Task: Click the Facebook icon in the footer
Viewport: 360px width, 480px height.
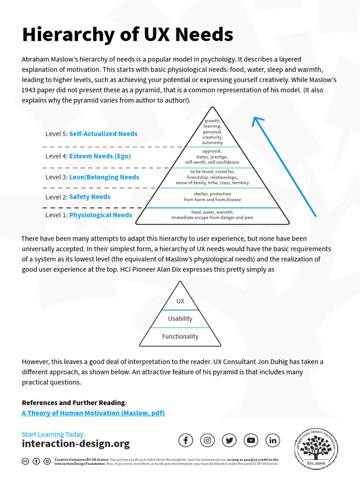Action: tap(186, 440)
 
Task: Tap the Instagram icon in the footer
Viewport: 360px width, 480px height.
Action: tap(208, 440)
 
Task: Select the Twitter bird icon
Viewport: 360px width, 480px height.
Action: tap(229, 440)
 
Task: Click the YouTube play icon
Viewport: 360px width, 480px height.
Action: tap(251, 440)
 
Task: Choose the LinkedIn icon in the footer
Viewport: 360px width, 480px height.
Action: tap(273, 440)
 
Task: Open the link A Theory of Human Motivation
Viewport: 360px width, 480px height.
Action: tap(93, 413)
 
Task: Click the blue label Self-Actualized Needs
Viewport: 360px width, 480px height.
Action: tap(103, 134)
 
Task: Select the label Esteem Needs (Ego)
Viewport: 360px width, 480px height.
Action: tap(100, 156)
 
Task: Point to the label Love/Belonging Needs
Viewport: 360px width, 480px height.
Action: tap(104, 177)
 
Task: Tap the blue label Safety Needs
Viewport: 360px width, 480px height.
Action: tap(90, 197)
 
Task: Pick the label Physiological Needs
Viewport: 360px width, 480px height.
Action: tap(100, 215)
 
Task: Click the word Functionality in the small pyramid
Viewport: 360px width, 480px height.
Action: tap(180, 337)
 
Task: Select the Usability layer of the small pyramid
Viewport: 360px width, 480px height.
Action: tap(180, 319)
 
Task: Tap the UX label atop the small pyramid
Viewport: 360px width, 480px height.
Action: tap(180, 301)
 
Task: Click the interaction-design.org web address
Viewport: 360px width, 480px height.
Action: tap(75, 443)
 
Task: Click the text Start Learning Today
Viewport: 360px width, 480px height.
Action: tap(53, 434)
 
